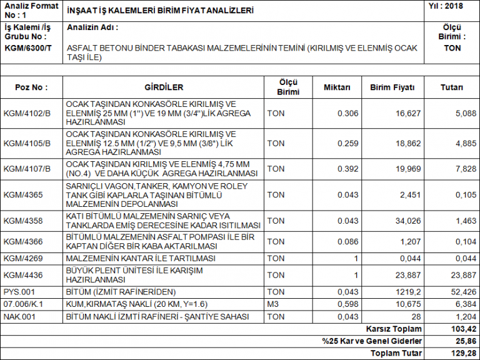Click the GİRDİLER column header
pos(164,87)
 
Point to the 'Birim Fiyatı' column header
pos(392,87)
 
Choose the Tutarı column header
pos(452,87)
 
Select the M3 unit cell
pos(273,304)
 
